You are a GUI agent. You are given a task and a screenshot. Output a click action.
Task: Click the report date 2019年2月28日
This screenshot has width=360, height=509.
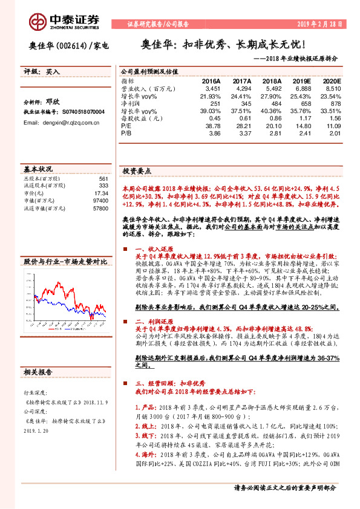[324, 24]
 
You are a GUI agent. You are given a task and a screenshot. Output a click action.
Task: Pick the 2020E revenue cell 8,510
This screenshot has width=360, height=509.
[332, 88]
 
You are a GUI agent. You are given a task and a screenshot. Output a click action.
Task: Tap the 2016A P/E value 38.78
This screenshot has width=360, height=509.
[211, 126]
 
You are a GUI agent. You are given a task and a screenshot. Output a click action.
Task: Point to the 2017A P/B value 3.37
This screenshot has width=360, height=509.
[242, 133]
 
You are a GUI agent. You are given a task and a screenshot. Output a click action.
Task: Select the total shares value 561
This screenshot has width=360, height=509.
[103, 179]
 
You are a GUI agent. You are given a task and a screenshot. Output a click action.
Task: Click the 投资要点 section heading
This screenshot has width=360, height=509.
[137, 171]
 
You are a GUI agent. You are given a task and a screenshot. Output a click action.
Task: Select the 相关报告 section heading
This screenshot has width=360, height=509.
[38, 371]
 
